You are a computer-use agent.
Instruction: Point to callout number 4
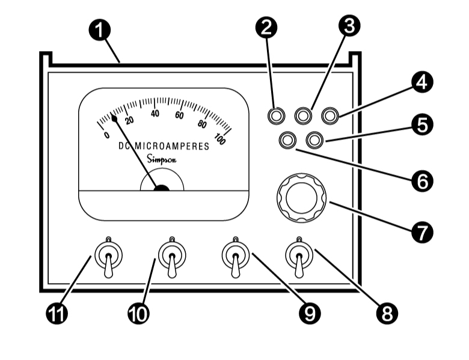coord(422,82)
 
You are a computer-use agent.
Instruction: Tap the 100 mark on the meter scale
coord(219,140)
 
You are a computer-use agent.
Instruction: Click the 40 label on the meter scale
coord(155,113)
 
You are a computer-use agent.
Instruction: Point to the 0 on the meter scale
coord(106,135)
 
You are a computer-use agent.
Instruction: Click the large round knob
coord(301,195)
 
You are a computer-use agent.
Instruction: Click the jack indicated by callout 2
coord(277,115)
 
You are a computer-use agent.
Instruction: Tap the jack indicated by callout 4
coord(330,115)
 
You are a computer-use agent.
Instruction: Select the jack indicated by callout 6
coord(288,140)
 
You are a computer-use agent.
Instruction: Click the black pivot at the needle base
coord(161,188)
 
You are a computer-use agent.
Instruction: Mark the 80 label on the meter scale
coord(202,124)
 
